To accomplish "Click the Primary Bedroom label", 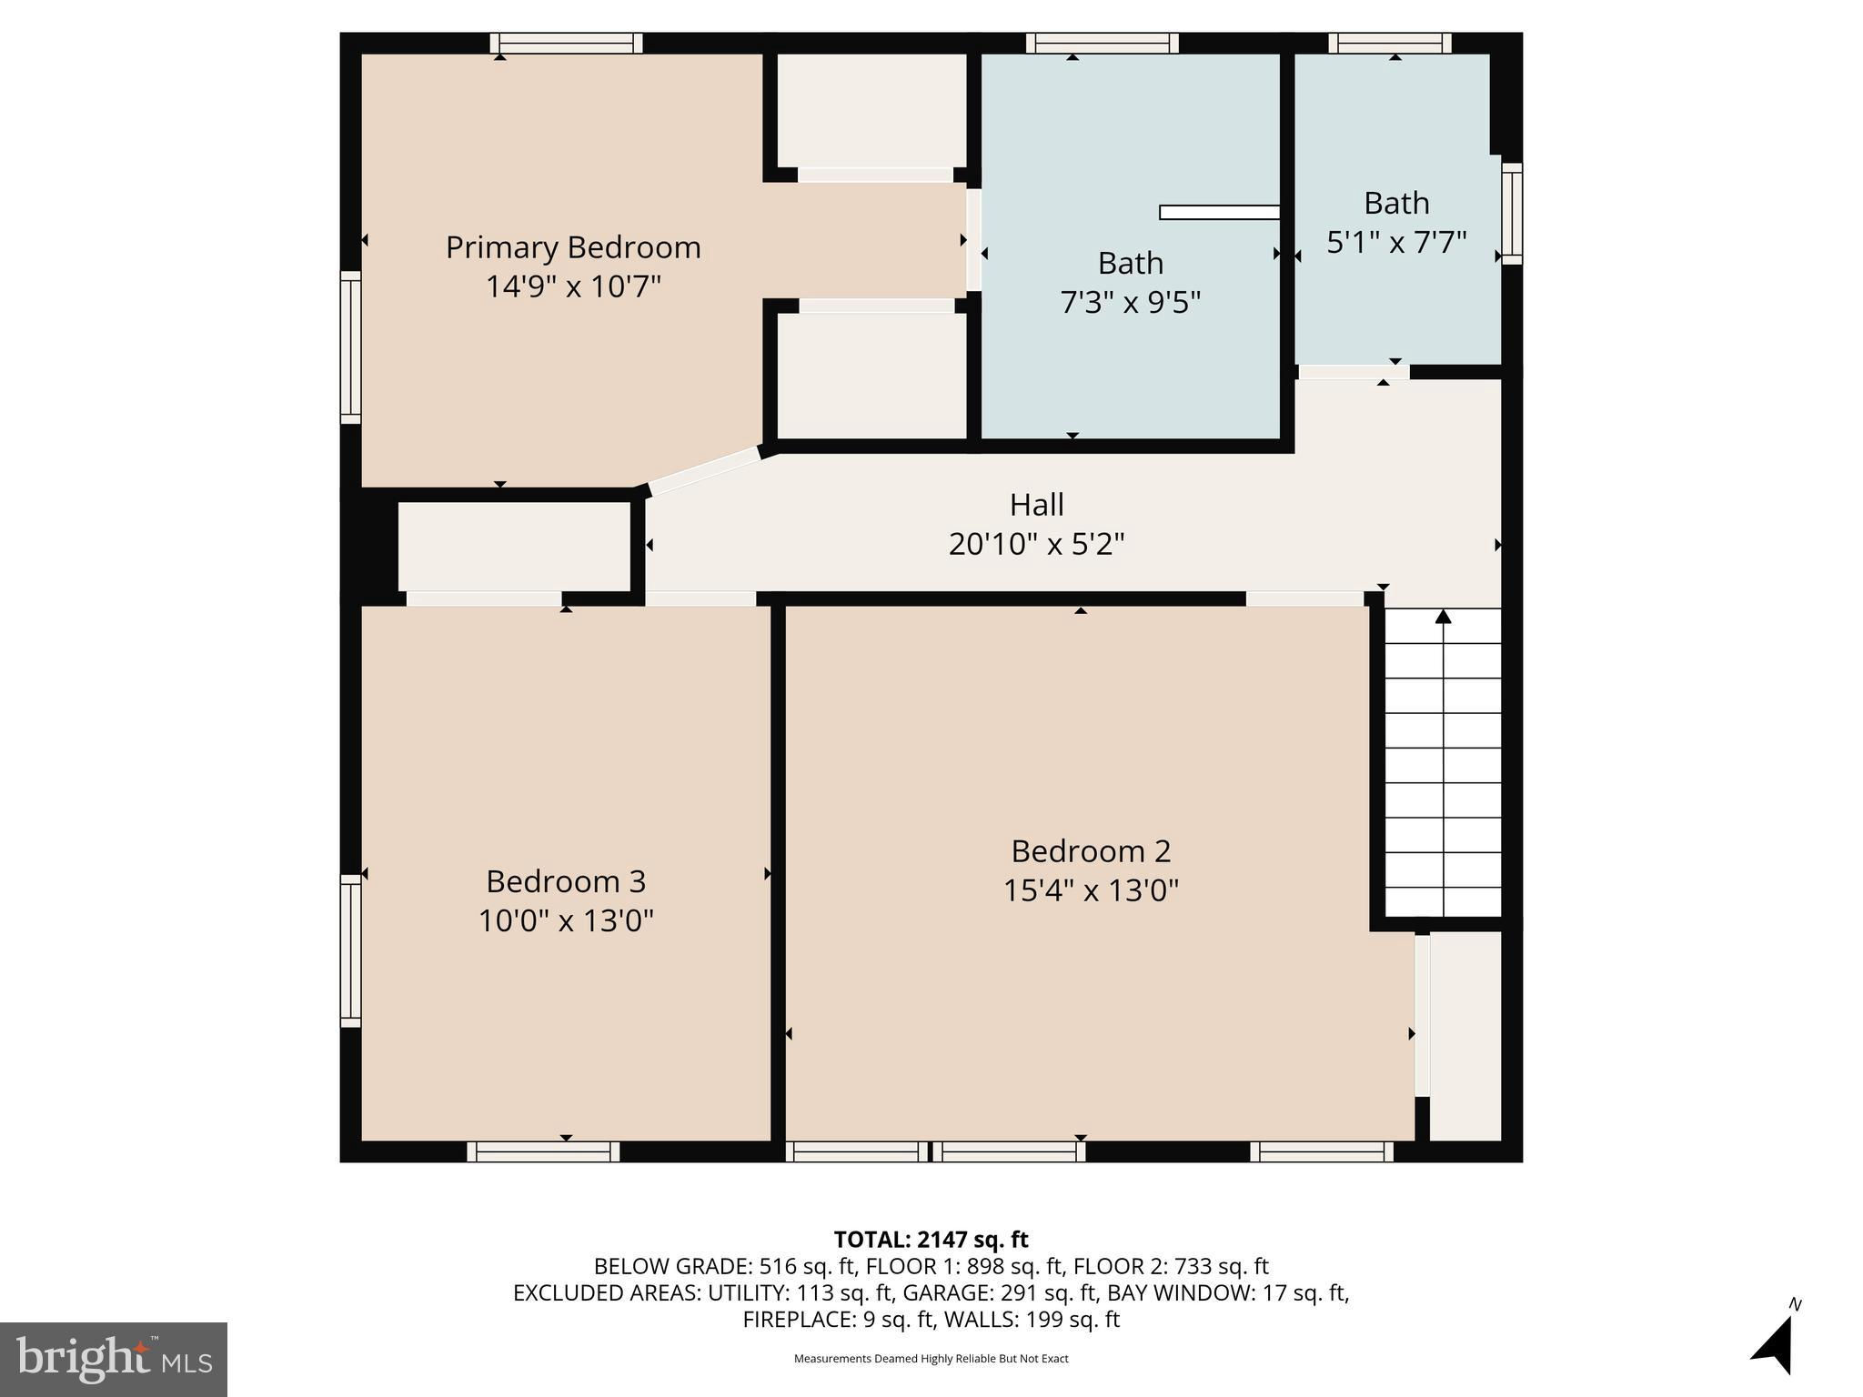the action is [573, 247].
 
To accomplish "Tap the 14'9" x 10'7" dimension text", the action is [573, 286].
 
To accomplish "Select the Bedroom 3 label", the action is [566, 881].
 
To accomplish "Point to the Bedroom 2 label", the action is [1091, 851].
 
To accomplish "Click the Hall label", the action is [1036, 505].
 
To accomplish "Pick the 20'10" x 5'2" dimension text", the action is [1036, 544].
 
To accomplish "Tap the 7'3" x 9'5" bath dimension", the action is [1131, 302].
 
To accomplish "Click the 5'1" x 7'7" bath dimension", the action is [1396, 243].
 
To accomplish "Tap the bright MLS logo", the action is [114, 1359].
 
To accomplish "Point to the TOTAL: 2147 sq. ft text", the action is [931, 1240].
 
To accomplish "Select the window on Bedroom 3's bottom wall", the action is [543, 1151].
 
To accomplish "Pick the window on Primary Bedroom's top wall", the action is [566, 43].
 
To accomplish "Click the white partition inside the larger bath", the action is [1220, 213].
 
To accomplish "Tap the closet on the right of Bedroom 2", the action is [1465, 1036].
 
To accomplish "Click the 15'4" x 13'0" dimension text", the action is [1091, 889].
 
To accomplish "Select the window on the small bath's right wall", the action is [1512, 214].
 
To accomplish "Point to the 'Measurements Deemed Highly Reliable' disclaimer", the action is [931, 1359].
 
